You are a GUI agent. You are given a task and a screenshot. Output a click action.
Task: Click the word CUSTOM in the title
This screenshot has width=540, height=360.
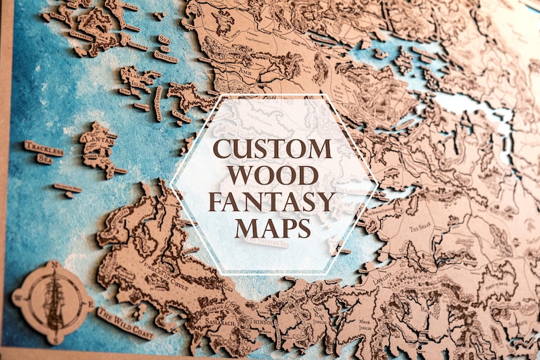click(273, 149)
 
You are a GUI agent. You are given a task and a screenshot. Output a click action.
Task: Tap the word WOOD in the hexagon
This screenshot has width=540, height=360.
click(272, 176)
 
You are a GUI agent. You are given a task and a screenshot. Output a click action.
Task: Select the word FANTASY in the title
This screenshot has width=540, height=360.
click(272, 201)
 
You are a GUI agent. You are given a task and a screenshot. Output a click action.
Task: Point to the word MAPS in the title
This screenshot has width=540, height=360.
click(272, 227)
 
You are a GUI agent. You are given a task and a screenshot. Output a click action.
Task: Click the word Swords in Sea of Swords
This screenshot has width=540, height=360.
click(165, 56)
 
